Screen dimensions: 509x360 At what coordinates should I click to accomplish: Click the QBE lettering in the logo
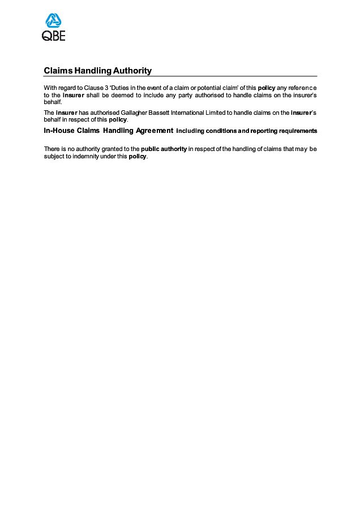pyautogui.click(x=54, y=36)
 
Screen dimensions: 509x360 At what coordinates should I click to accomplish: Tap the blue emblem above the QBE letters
pyautogui.click(x=54, y=21)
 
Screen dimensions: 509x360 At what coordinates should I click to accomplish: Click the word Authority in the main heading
pyautogui.click(x=132, y=71)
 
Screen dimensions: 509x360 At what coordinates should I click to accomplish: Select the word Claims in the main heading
pyautogui.click(x=58, y=71)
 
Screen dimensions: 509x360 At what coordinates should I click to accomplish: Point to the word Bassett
pyautogui.click(x=161, y=113)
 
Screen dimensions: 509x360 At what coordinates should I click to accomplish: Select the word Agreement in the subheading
pyautogui.click(x=155, y=131)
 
